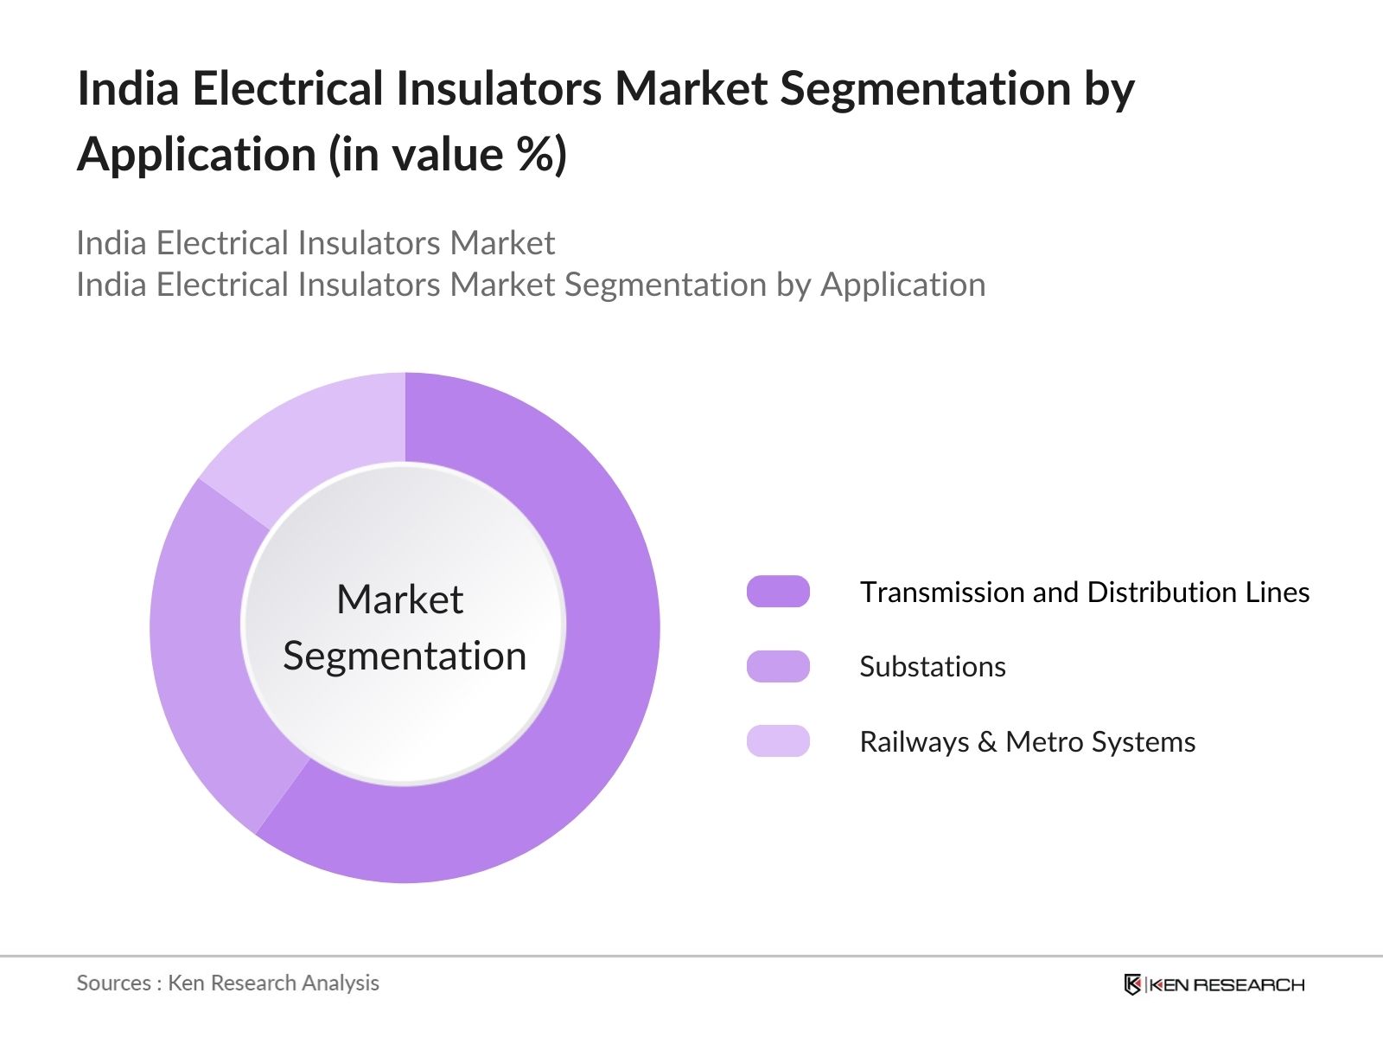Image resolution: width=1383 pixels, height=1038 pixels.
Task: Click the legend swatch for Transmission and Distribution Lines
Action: tap(778, 592)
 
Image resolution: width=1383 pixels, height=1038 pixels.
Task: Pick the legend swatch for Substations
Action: tap(778, 666)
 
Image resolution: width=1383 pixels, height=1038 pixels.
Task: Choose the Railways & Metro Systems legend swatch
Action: tap(778, 741)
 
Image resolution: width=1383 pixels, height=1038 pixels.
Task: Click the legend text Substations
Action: tap(933, 667)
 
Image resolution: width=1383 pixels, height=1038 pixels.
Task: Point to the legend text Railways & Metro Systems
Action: tap(1027, 742)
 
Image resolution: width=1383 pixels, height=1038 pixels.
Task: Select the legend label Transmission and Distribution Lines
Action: tap(1084, 593)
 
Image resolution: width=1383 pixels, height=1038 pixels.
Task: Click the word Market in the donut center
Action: tap(399, 599)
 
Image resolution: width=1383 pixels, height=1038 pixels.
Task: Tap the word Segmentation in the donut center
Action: tap(405, 656)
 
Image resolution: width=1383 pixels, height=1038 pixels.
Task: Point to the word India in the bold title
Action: tap(128, 88)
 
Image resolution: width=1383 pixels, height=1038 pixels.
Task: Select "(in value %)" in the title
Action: tap(448, 155)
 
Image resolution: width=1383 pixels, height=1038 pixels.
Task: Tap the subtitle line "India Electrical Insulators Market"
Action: tap(315, 243)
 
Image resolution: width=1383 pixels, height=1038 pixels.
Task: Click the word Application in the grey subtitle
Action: tap(902, 285)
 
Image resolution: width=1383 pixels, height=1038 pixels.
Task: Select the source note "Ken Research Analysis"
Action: tap(273, 983)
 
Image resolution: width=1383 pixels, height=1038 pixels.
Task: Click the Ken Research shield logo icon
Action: tap(1132, 984)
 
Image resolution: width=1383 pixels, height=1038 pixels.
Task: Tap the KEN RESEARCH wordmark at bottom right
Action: tap(1227, 984)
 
